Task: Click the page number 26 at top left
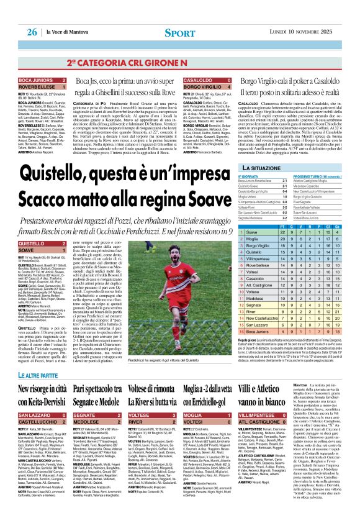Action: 32,32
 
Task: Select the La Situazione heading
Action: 266,150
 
